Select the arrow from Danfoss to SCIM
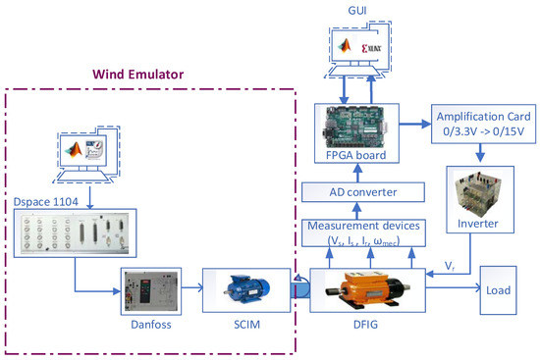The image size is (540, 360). click(x=189, y=289)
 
